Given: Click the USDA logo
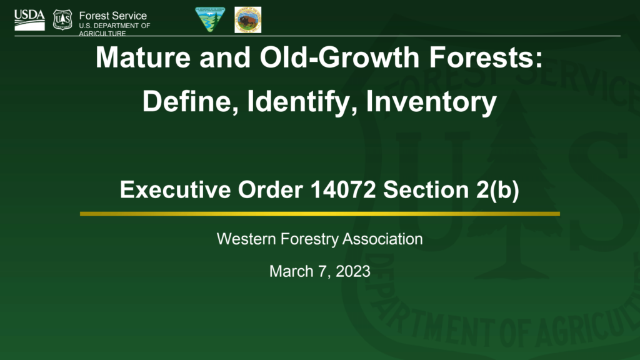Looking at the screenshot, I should click(29, 20).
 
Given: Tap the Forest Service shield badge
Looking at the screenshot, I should click(62, 19).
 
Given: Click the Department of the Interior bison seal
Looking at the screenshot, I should click(247, 20).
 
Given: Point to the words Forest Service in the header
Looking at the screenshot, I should click(113, 16).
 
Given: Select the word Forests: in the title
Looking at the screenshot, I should click(485, 58).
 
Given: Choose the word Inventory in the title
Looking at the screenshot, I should click(431, 101).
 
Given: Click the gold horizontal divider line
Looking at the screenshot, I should click(320, 214).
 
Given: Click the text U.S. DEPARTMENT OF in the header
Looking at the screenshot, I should click(114, 26).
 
